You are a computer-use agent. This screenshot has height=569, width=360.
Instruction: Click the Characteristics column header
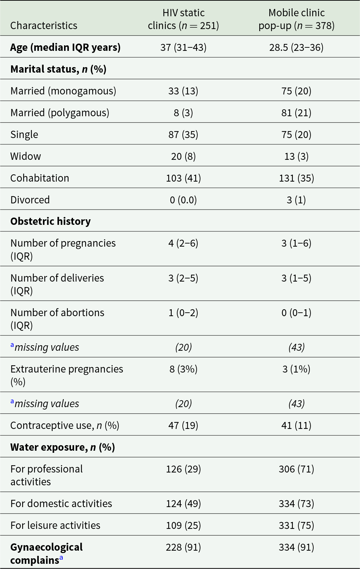(44, 26)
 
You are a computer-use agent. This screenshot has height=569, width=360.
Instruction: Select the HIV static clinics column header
(183, 19)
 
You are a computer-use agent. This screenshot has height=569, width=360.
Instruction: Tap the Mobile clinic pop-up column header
(296, 19)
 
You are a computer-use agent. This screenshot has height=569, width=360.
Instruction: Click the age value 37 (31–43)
(183, 47)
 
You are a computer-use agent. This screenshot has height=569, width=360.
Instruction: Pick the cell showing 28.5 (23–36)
(296, 47)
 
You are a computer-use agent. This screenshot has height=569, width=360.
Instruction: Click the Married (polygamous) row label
(60, 113)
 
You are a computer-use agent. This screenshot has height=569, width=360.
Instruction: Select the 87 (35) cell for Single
(183, 135)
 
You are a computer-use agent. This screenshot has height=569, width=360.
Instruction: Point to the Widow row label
(26, 156)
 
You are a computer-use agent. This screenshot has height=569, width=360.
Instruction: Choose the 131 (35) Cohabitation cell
(296, 178)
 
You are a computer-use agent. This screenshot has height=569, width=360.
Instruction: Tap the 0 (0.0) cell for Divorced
(183, 200)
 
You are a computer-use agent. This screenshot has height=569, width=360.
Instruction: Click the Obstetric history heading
(51, 221)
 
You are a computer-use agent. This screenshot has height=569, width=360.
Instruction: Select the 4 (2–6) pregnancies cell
(183, 243)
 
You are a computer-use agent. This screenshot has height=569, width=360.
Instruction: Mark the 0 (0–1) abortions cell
(296, 313)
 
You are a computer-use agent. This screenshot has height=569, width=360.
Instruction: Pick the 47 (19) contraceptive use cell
(183, 425)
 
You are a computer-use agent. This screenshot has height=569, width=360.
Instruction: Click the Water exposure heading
(62, 447)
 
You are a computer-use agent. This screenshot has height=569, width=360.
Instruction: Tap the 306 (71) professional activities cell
(296, 469)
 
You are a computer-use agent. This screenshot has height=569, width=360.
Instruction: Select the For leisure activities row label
(55, 525)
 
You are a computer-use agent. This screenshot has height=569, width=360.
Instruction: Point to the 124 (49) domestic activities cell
(183, 504)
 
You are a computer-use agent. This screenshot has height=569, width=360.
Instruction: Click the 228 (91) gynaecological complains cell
(183, 547)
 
